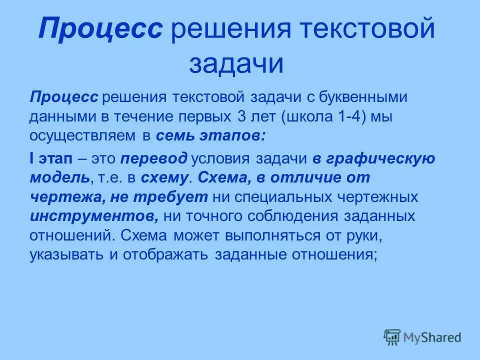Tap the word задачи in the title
point(236,64)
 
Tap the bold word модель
point(59,177)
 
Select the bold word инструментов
point(93,216)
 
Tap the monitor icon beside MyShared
point(392,337)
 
